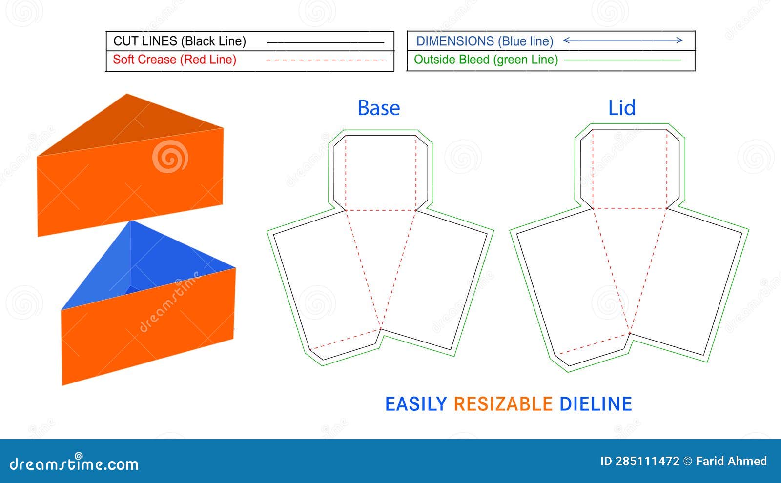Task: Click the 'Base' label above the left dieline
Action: pos(379,108)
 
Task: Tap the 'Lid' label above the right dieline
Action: pos(621,108)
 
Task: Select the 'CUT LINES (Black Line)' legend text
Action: pos(180,41)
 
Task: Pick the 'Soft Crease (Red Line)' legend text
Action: pos(174,60)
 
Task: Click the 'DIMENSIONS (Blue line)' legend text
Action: pos(484,41)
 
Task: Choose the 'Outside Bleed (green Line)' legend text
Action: pos(486,60)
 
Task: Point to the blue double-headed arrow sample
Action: pos(623,40)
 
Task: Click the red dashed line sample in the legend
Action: pos(325,60)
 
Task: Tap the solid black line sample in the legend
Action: pos(325,43)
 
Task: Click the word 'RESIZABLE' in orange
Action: pos(503,404)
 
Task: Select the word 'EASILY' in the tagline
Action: pos(416,404)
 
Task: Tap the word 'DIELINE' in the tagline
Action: pos(596,404)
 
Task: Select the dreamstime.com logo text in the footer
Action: pos(74,463)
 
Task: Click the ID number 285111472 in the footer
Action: pos(647,461)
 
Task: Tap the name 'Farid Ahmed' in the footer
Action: pos(731,461)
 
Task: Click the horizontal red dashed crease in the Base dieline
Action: pos(381,210)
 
